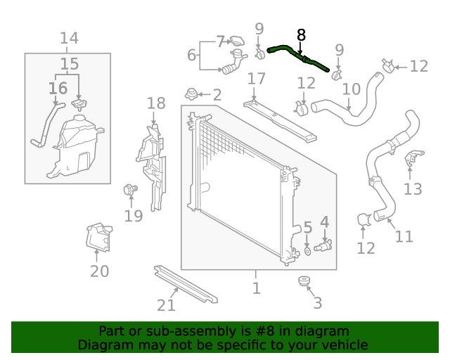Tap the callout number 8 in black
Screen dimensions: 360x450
pyautogui.click(x=302, y=34)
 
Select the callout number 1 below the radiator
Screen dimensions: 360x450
pyautogui.click(x=257, y=288)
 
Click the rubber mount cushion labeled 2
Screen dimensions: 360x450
pyautogui.click(x=190, y=94)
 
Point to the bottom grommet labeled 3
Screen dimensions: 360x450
pyautogui.click(x=304, y=283)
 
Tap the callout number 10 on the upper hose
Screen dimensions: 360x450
pyautogui.click(x=352, y=89)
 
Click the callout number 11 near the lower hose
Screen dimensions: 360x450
pyautogui.click(x=404, y=236)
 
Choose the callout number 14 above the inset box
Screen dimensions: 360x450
pyautogui.click(x=69, y=38)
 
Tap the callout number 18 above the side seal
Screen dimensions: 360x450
pyautogui.click(x=156, y=104)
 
